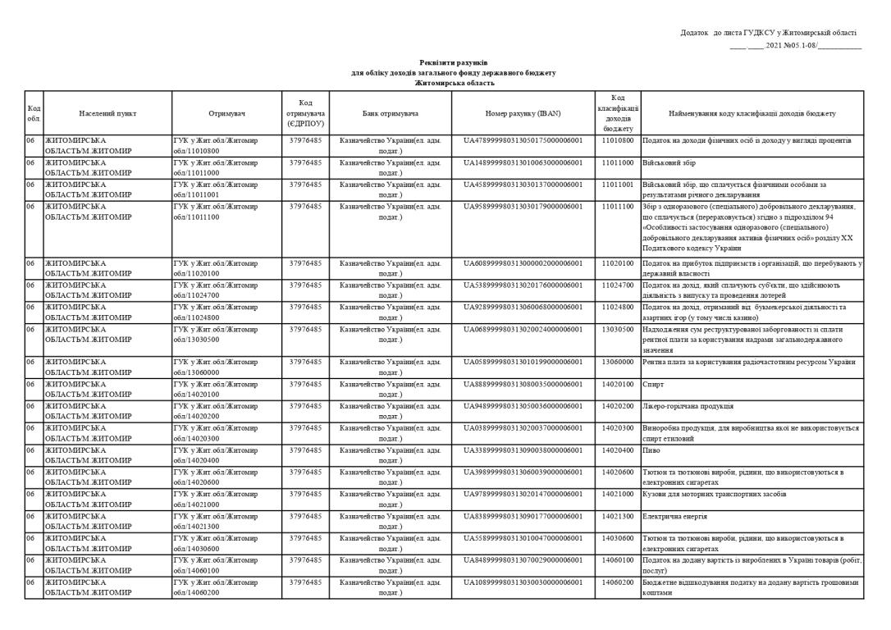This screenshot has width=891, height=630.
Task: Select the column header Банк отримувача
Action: tap(390, 113)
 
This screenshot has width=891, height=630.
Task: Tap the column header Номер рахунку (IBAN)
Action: tap(523, 113)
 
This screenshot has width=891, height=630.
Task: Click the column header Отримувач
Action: tap(226, 113)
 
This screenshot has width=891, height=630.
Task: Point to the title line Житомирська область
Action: tap(455, 83)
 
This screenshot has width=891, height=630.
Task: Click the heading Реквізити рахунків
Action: tap(454, 62)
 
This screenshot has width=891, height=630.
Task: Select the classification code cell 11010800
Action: tap(618, 140)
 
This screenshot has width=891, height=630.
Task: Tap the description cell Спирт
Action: tap(651, 384)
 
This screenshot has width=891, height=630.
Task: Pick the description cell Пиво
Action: tap(651, 450)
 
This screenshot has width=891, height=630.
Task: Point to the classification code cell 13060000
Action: tap(618, 362)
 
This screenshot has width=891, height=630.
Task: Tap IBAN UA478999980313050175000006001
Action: tap(523, 140)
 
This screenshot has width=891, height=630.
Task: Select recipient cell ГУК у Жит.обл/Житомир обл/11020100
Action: tap(216, 268)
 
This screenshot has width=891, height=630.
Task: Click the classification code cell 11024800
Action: tap(618, 307)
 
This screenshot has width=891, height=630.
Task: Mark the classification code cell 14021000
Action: tap(618, 495)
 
